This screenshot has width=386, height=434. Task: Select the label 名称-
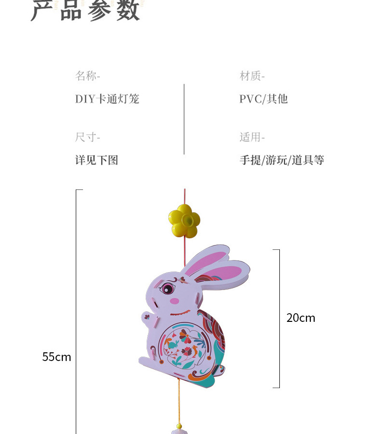point(87,76)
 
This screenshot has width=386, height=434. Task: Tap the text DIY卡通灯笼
point(107,99)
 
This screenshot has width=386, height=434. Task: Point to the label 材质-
point(252,76)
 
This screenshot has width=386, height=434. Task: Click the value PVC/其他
point(263,99)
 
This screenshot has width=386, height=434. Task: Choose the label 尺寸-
point(87,137)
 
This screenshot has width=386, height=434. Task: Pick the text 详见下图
point(96,160)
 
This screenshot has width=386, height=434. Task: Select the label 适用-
point(252,137)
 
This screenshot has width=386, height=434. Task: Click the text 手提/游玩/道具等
point(282,160)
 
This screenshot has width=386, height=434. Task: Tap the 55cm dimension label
point(56,357)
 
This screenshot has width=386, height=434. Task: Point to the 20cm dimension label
point(301,318)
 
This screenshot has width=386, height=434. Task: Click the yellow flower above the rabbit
point(184,221)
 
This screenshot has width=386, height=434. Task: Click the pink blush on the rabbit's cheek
point(174,301)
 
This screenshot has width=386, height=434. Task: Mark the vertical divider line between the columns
point(184,119)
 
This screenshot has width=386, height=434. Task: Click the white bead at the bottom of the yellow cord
point(179,427)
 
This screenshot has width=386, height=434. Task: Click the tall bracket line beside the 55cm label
point(76,309)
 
